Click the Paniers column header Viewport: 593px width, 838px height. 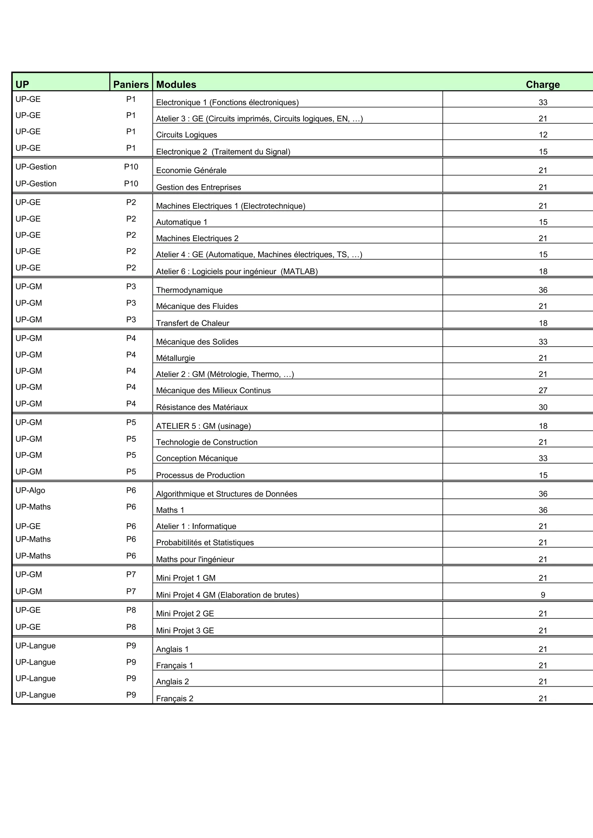pos(131,84)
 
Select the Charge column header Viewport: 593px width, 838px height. pos(542,84)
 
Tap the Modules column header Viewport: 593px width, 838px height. pos(176,84)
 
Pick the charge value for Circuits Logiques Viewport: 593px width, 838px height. pos(543,135)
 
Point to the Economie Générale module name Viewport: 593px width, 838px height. pos(191,170)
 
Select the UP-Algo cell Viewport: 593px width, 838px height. pos(30,490)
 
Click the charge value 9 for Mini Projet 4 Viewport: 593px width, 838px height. pos(543,595)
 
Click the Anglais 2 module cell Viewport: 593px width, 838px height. pos(172,681)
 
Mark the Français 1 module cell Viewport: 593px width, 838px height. pos(174,665)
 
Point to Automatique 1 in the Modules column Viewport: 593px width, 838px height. pos(182,222)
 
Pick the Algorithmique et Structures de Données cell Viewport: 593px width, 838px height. pos(226,494)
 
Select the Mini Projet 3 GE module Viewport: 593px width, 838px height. pos(185,630)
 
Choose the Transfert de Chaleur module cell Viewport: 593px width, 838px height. pos(193,323)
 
